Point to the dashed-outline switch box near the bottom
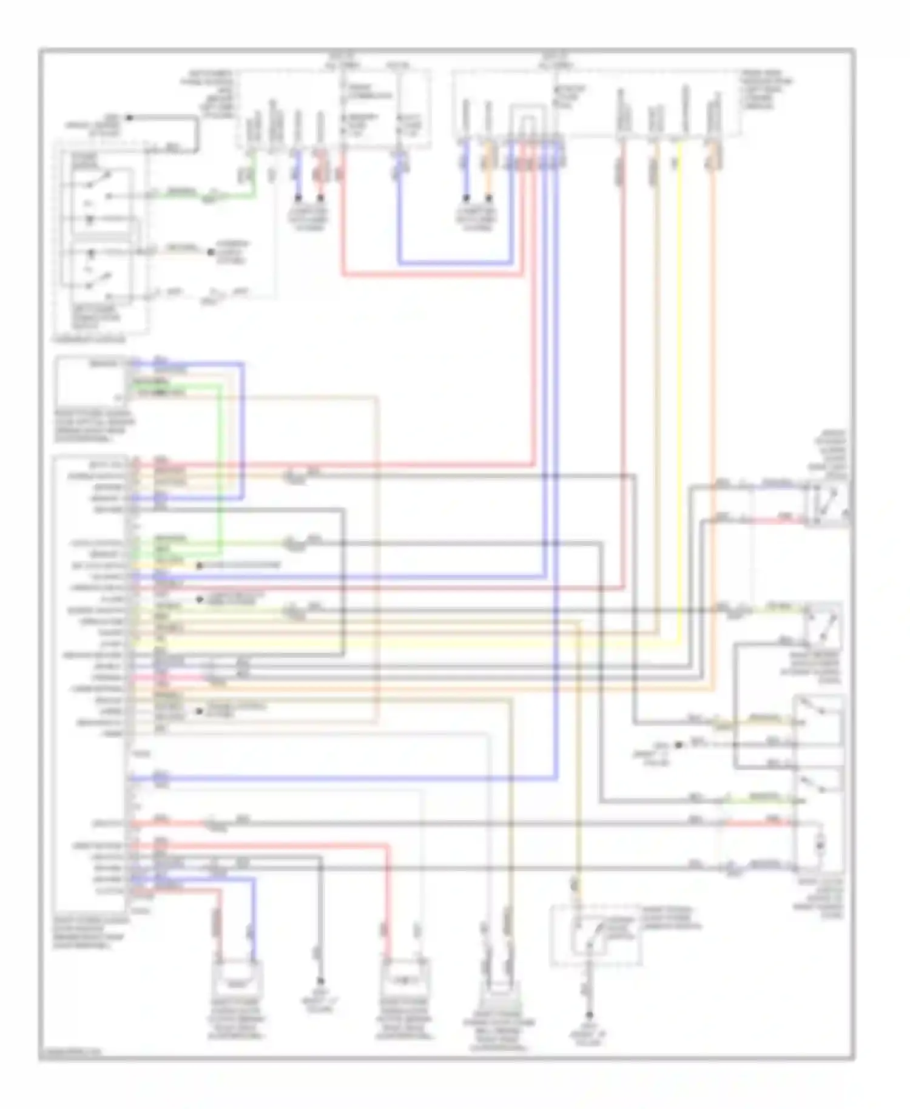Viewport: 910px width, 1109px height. [596, 935]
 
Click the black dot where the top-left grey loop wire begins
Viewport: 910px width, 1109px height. [129, 117]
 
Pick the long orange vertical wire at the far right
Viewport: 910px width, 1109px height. [713, 425]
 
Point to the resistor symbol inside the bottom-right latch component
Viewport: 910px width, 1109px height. [820, 844]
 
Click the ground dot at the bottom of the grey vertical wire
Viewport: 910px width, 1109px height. [320, 981]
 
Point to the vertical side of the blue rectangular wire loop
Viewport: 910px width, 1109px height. [243, 431]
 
